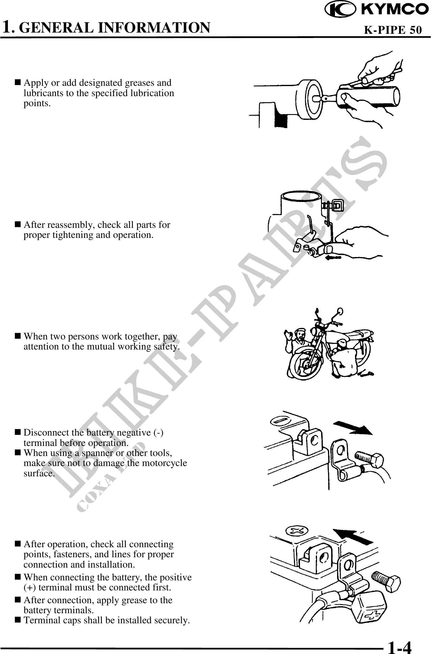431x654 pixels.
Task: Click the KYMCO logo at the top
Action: click(x=377, y=9)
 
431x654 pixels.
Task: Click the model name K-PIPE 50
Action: click(x=393, y=30)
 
